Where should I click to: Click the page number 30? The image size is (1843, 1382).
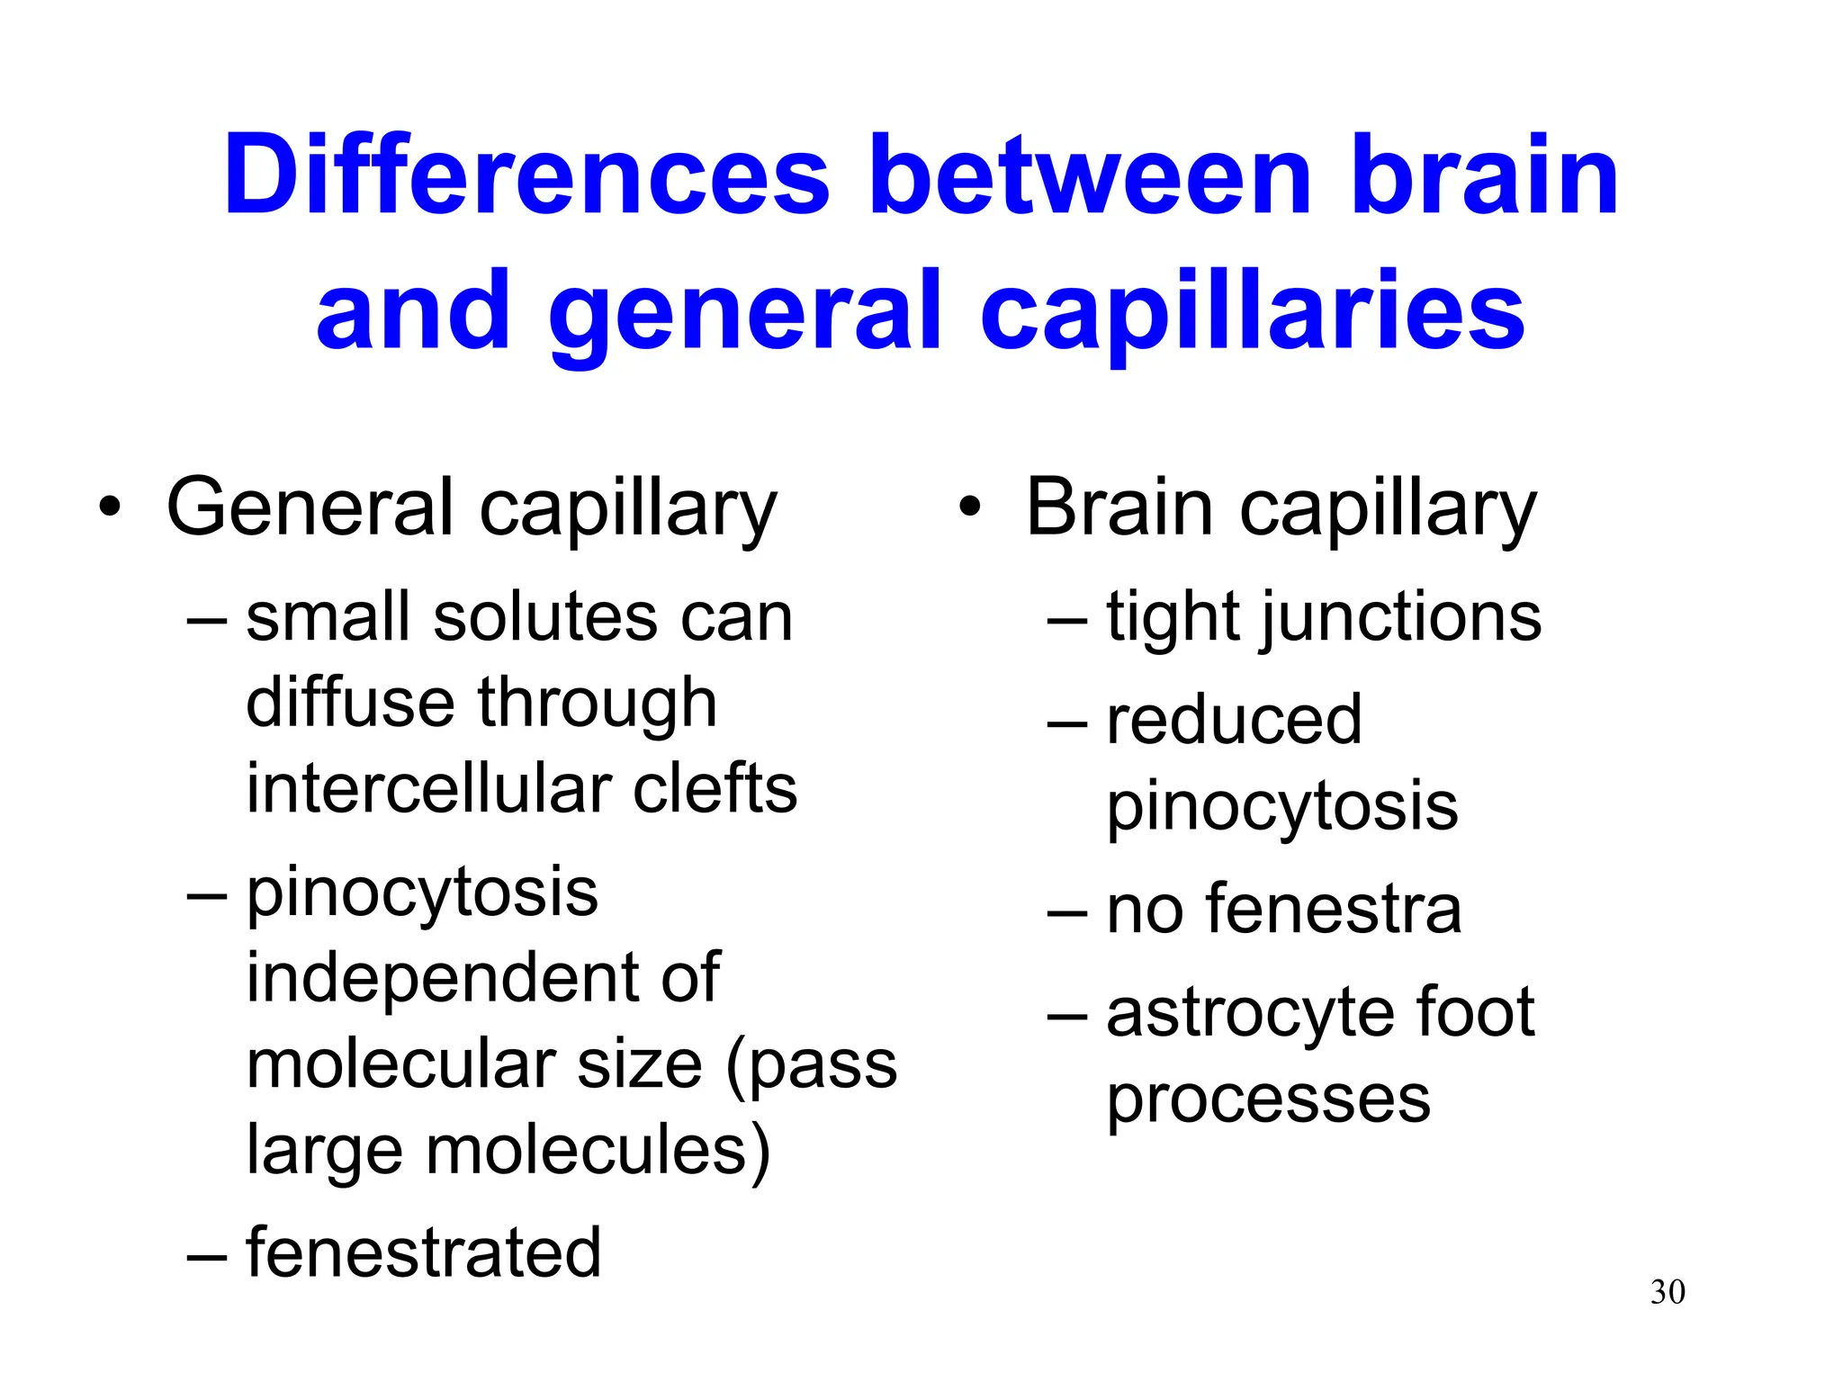coord(1668,1292)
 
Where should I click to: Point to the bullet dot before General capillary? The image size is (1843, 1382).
coord(110,508)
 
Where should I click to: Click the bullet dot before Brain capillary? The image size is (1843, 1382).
coord(969,508)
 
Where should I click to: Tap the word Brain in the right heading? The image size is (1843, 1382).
coord(1120,508)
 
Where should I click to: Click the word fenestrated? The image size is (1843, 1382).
coord(423,1252)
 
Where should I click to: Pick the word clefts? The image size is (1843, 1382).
coord(715,788)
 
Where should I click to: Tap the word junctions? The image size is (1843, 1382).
coord(1401,619)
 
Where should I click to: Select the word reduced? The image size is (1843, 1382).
coord(1234,720)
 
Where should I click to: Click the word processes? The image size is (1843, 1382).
coord(1268,1099)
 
